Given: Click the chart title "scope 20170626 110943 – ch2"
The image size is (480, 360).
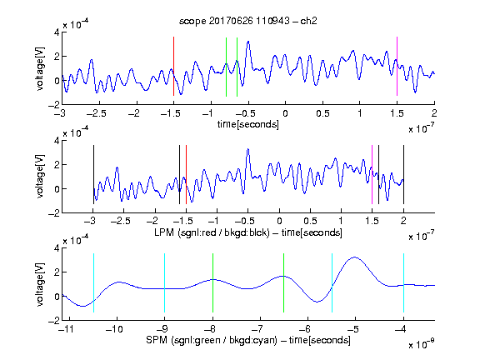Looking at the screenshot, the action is coord(248,21).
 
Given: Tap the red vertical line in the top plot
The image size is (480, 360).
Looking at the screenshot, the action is coord(173,66).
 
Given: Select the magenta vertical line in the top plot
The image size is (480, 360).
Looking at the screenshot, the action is coord(397,66).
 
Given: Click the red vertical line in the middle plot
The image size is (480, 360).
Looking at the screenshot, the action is coord(186,174).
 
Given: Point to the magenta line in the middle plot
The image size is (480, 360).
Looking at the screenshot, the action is coord(372,174).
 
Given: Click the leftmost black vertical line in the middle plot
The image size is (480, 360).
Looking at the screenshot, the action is coord(93,174).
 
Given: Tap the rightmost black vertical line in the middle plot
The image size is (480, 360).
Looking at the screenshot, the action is coord(403,174).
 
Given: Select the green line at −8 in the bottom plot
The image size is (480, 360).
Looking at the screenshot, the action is coord(212,282).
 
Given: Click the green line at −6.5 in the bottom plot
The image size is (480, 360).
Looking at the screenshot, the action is coord(284,282).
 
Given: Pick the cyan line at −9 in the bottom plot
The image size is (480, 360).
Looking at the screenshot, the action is coord(164,282).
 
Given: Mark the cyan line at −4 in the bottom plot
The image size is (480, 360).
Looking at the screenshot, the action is coord(403,282).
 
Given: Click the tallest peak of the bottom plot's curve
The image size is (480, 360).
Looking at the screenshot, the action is coord(355,257).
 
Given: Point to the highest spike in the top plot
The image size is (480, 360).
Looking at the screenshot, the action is coord(248,42).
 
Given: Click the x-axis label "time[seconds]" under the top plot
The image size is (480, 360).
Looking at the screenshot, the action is coord(248,124).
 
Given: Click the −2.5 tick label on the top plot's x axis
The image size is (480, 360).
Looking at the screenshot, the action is coord(96,113).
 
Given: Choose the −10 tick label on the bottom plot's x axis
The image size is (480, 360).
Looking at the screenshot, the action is coord(114,329).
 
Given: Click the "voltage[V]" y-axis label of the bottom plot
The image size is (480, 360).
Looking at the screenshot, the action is coord(40,284).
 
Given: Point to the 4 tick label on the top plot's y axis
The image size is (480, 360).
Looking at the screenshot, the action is coord(57,32).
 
